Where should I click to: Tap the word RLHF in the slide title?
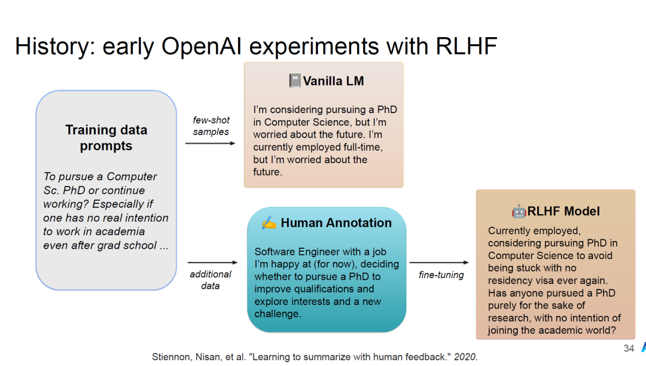(x=466, y=45)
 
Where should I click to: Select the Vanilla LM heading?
(x=333, y=81)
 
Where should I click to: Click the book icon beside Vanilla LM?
(x=294, y=81)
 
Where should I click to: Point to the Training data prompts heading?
(x=106, y=138)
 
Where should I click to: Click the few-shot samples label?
(x=211, y=126)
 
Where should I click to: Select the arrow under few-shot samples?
(x=210, y=144)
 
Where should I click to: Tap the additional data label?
(x=210, y=280)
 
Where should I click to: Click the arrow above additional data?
(x=212, y=263)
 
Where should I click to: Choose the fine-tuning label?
(x=441, y=275)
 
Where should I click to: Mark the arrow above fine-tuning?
(x=439, y=263)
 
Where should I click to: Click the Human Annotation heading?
(x=336, y=222)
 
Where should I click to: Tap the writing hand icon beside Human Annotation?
(x=269, y=222)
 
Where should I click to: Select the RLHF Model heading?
(x=563, y=211)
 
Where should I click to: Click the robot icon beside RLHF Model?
(x=519, y=211)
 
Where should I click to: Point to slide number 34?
(x=629, y=348)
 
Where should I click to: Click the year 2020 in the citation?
(x=465, y=357)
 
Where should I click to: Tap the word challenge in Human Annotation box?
(x=276, y=314)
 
